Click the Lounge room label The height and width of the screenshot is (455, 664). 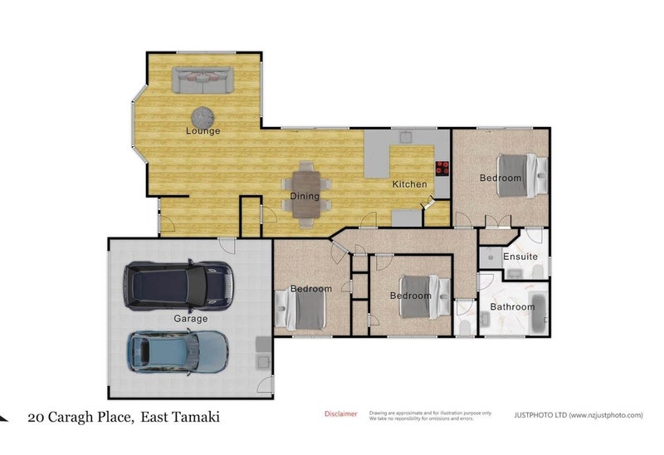point(203,131)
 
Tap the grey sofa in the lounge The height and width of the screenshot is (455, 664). point(203,81)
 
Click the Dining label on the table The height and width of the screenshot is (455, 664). point(305,197)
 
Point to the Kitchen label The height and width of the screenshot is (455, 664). point(409,184)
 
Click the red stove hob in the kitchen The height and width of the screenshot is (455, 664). point(442,167)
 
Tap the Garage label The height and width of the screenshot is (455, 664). point(190,318)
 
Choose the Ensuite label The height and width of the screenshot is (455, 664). point(520,257)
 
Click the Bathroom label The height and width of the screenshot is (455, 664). point(512,307)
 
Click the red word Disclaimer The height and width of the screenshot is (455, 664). point(340,413)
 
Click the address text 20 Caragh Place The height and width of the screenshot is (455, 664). point(80,417)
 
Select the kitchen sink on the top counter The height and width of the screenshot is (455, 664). point(407,135)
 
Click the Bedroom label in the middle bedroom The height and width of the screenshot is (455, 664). point(411,296)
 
